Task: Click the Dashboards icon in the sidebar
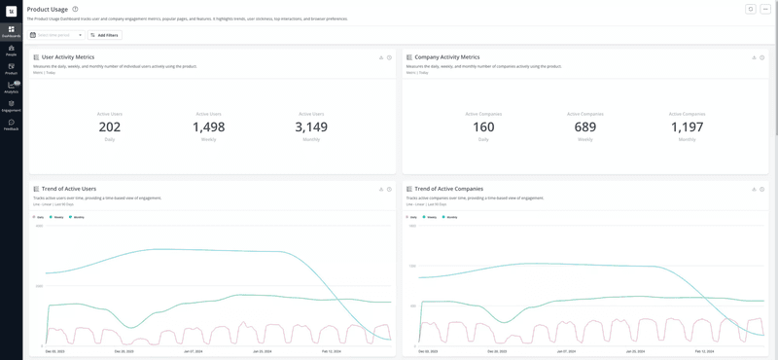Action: coord(11,30)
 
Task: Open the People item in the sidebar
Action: coord(11,50)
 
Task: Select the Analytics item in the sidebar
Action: coord(11,87)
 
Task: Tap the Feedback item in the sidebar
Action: coord(11,124)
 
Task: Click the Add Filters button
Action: coord(105,35)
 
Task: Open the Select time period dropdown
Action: coord(56,35)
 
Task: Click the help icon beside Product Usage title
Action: coord(75,10)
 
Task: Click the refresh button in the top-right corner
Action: coord(750,10)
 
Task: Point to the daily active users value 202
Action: coord(110,126)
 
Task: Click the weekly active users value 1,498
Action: coord(208,126)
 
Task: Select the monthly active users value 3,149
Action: coord(311,126)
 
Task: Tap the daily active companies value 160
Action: coord(483,126)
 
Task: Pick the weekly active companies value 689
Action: coord(584,126)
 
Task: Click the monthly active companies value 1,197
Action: coord(687,126)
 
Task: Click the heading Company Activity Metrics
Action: coord(446,57)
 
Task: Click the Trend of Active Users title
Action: coord(68,189)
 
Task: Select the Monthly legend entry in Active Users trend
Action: coord(77,217)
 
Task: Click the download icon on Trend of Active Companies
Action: coord(754,189)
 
